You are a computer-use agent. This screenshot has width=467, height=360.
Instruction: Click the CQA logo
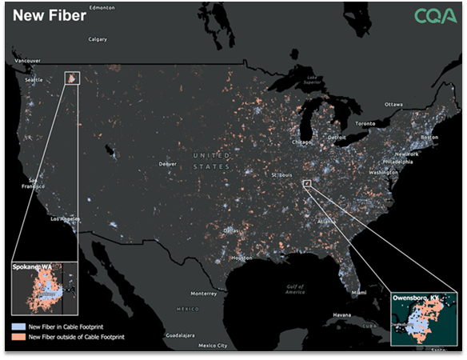436,17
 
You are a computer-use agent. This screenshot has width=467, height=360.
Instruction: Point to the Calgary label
98,38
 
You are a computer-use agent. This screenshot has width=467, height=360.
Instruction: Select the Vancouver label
27,61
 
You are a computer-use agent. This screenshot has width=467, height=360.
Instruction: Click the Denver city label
167,164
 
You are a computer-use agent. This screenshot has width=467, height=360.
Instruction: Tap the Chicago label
302,142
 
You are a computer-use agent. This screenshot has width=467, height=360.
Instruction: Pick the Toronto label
365,124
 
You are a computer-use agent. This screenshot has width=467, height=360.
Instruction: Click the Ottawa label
394,105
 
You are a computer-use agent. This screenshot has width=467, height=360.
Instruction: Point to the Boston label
429,137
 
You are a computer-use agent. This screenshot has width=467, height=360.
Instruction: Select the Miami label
359,293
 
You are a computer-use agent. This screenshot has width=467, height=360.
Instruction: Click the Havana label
342,314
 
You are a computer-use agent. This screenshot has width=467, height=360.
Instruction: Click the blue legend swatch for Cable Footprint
18,328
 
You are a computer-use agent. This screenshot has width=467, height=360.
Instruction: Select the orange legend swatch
18,338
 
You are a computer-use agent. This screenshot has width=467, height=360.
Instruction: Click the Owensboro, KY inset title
417,298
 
